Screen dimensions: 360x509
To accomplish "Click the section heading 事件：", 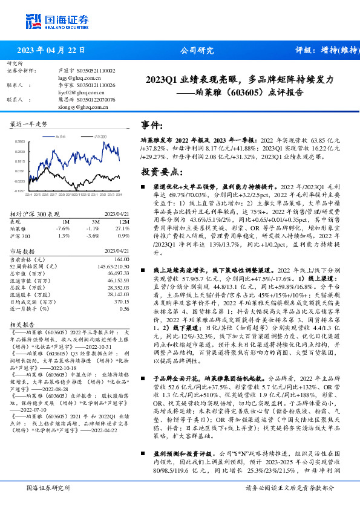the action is (x=152, y=125).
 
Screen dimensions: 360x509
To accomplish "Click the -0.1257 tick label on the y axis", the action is (x=19, y=190).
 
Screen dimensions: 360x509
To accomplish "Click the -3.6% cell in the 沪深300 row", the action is (x=93, y=236).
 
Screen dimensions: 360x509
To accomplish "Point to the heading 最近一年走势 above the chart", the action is (x=29, y=123).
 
